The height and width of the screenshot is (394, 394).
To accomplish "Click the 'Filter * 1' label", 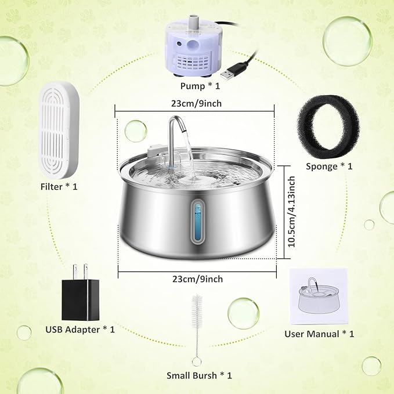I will pos(59,187).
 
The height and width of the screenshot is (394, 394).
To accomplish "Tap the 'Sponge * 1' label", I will pos(329,167).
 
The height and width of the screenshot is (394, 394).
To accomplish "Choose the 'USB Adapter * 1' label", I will pos(80,330).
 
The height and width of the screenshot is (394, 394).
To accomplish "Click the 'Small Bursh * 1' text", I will pos(199,375).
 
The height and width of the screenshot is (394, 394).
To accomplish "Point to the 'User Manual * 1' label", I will pos(319,334).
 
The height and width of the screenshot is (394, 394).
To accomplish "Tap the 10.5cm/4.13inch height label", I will pos(294,212).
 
